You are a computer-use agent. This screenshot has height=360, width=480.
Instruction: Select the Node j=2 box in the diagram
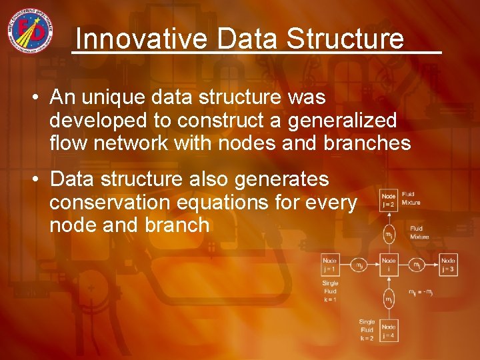click(388, 201)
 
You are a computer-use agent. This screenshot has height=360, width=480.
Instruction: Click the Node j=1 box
click(330, 265)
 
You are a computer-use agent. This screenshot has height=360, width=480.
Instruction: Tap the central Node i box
click(388, 265)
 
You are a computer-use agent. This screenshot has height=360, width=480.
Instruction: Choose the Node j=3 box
click(448, 265)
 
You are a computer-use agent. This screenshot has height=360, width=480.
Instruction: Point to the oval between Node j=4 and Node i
click(388, 300)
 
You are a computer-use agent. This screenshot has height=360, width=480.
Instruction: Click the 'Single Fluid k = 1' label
click(330, 291)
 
